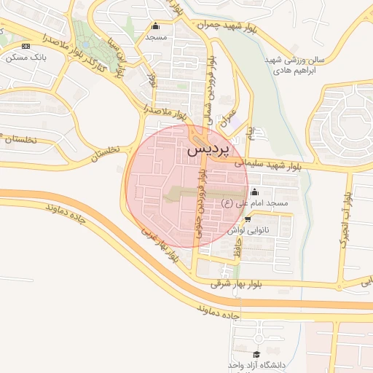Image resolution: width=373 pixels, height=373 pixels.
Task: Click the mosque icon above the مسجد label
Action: [x=155, y=26]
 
